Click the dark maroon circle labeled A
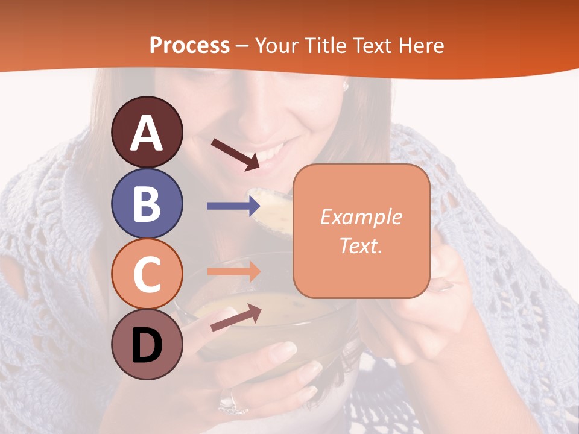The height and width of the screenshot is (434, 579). [147, 132]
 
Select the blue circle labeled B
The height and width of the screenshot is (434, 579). [147, 203]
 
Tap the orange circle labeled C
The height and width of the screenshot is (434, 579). [147, 274]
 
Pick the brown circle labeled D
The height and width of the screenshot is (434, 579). [147, 344]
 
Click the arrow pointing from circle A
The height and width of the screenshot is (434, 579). [235, 154]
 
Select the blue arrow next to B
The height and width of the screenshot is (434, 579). [233, 206]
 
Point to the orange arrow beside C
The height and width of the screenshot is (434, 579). [233, 272]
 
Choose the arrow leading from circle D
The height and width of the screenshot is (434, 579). [235, 318]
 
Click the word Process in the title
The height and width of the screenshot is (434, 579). [189, 45]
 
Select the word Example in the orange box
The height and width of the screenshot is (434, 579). [361, 217]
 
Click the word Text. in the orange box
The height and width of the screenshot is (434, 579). [361, 245]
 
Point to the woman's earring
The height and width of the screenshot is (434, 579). [346, 86]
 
